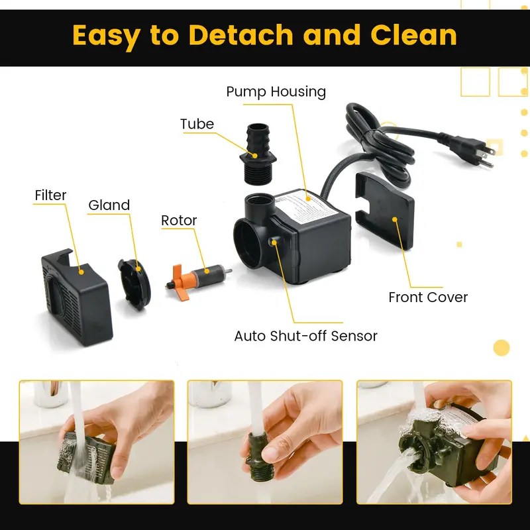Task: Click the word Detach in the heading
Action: pos(240,35)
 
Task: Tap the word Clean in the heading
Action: pos(413,35)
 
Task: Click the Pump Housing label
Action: pos(276,91)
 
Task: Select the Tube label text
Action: pos(197,124)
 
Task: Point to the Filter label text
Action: pos(50,195)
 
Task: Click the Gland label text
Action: pos(109,205)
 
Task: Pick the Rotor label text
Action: pos(179,221)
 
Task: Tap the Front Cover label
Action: pos(428,297)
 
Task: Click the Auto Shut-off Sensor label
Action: pos(305,336)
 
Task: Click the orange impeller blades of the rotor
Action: pos(180,282)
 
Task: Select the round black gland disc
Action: pos(134,284)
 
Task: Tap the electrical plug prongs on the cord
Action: pos(486,156)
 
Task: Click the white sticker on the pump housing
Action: pos(307,206)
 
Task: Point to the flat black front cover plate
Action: pos(384,209)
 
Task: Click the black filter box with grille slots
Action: pos(77,297)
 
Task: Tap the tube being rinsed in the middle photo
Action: pos(258,456)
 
